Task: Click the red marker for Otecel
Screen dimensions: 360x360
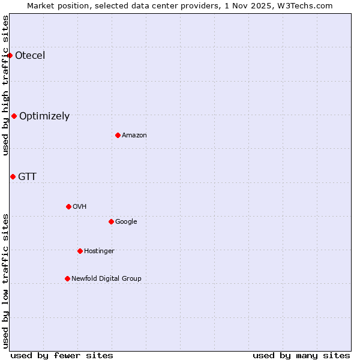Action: coord(10,55)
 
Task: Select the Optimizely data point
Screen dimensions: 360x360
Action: coord(14,116)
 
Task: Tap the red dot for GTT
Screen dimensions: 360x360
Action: coord(13,176)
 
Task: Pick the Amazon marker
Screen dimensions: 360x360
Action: coord(118,135)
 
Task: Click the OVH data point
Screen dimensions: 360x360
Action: coord(68,206)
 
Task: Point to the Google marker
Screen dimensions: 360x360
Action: coord(111,221)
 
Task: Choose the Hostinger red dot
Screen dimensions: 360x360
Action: coord(80,251)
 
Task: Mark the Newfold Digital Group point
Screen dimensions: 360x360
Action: coord(67,278)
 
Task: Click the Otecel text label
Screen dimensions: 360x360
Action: coord(30,56)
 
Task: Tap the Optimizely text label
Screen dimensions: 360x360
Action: coord(44,116)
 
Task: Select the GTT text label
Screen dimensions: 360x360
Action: coord(27,177)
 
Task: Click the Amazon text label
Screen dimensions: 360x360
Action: coord(134,136)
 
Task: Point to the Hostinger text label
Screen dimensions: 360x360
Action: coord(99,251)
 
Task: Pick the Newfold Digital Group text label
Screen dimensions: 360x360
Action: coord(106,279)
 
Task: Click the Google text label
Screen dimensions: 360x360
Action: coord(126,222)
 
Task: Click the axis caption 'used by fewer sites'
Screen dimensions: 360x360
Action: coord(62,355)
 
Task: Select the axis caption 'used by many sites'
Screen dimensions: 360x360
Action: coord(301,355)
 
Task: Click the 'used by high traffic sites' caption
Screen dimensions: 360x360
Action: coord(5,85)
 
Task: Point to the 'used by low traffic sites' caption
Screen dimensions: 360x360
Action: coord(5,280)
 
